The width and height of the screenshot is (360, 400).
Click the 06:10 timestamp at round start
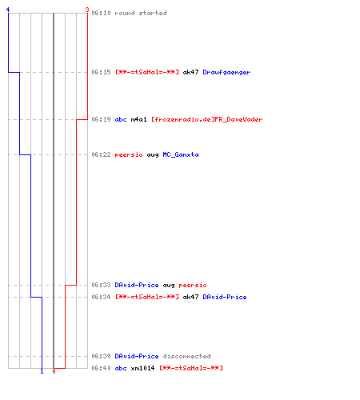click(101, 13)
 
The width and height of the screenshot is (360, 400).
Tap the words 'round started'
click(141, 13)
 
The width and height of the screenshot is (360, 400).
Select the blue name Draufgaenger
click(226, 72)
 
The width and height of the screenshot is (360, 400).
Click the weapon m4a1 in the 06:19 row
click(138, 119)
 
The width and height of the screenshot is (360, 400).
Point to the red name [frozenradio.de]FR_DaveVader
click(207, 119)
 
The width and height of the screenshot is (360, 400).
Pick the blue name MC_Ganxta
click(181, 154)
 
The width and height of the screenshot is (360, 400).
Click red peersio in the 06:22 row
click(129, 155)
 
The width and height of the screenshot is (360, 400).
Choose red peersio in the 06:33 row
click(193, 286)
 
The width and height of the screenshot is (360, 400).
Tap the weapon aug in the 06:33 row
click(169, 286)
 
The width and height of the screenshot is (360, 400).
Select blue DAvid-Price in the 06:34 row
click(225, 297)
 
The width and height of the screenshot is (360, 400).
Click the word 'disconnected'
click(186, 356)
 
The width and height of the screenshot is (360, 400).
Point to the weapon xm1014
click(142, 368)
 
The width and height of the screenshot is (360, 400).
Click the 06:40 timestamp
click(101, 368)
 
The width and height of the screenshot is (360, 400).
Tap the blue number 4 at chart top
click(8, 10)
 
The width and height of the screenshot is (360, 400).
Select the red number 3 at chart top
click(87, 10)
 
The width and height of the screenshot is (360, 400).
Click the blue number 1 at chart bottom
click(42, 371)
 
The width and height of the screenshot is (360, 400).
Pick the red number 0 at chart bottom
click(54, 371)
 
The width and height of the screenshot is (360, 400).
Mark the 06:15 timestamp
click(101, 72)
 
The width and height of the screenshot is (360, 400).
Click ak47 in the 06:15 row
click(190, 72)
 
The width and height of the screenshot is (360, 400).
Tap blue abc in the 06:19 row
click(121, 119)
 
